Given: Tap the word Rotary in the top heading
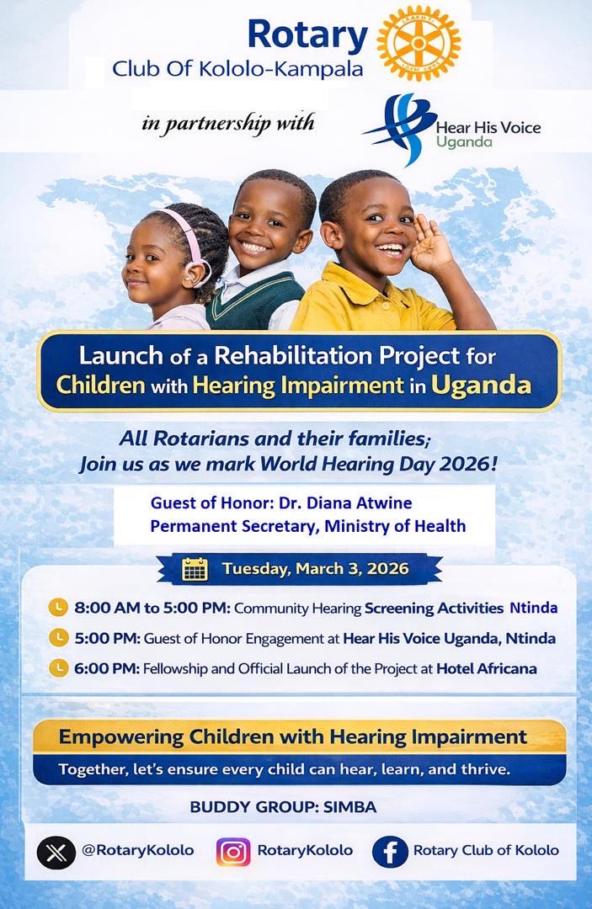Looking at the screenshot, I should coord(307,36).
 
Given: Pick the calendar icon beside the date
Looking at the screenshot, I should coord(195,570).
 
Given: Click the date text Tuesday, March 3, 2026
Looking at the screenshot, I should coord(316,569).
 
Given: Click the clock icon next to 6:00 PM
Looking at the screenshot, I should coord(58,668).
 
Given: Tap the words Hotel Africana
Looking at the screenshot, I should coord(487,669).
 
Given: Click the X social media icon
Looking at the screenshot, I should coord(56,851).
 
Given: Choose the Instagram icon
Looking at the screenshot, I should coord(233,851).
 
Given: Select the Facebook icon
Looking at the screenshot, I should coord(390,851).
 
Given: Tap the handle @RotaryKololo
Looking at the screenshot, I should coord(137,851).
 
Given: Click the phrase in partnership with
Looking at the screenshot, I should coord(228,123).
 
